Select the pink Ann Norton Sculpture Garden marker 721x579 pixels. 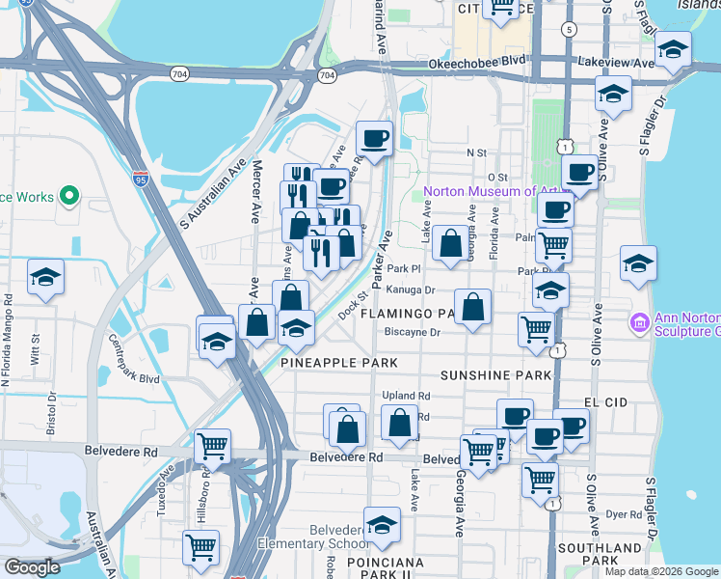point(639,321)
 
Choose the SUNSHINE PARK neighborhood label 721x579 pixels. point(487,373)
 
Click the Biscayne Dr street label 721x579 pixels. point(412,332)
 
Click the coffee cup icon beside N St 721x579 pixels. point(374,138)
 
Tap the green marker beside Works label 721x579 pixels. point(68,197)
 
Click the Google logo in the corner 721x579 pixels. point(31,567)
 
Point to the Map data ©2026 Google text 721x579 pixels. point(662,571)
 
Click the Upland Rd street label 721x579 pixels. point(405,396)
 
